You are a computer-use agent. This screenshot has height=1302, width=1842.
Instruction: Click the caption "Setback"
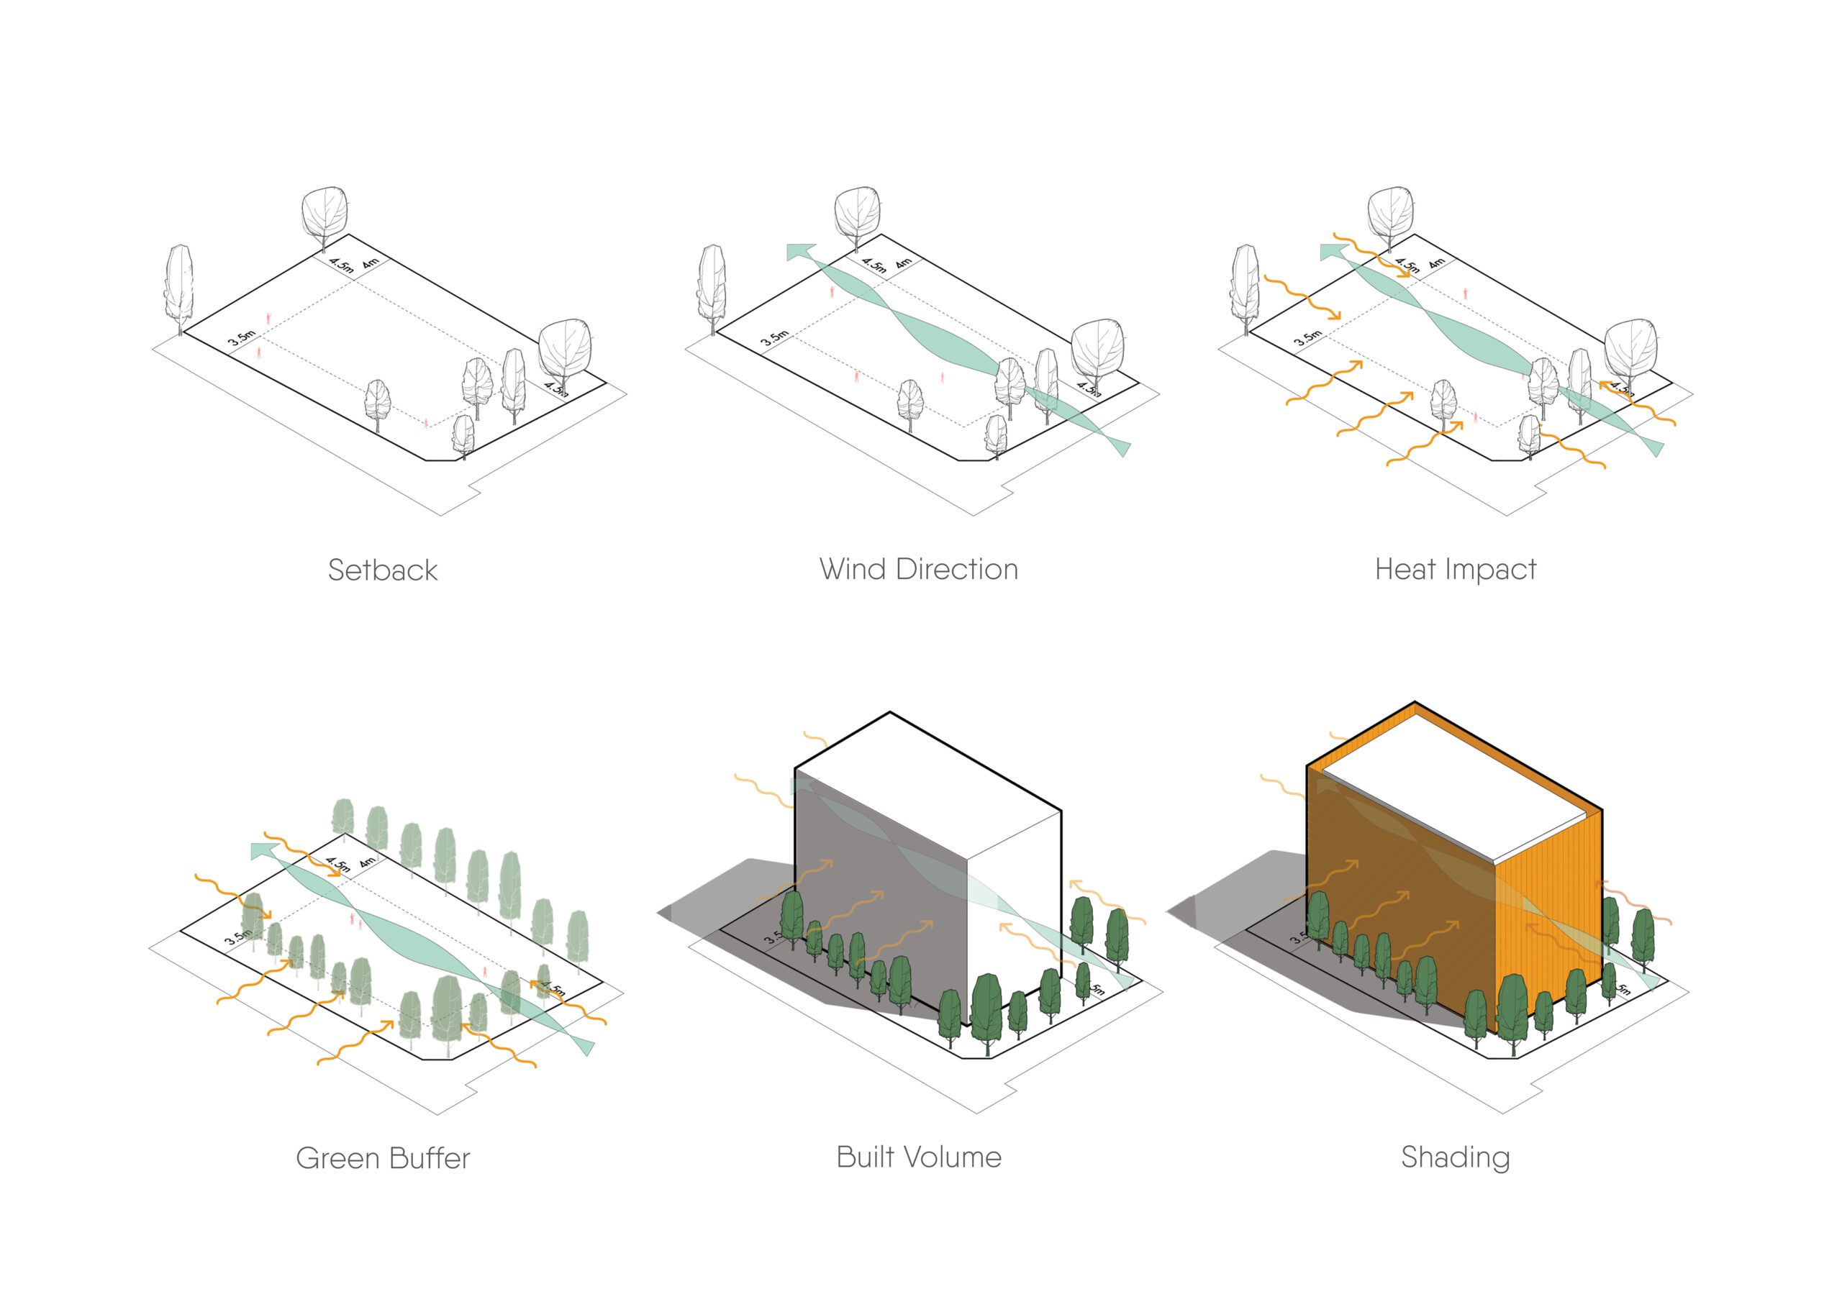tap(383, 570)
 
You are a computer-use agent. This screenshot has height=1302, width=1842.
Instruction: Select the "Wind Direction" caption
tap(919, 570)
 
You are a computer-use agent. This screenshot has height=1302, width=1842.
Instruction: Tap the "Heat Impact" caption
tap(1456, 570)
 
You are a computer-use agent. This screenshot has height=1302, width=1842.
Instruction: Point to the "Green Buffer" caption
tap(383, 1158)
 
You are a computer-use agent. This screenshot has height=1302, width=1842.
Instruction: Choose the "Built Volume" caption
tap(919, 1157)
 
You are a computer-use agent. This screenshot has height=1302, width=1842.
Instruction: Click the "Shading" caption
tap(1456, 1157)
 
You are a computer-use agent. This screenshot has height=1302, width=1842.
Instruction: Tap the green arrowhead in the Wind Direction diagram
tap(800, 252)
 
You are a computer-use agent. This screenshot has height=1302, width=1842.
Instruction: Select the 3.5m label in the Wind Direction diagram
tap(775, 339)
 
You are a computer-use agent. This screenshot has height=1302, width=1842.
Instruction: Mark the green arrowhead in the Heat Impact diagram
tap(1334, 252)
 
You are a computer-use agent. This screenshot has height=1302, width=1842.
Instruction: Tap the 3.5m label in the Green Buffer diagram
tap(238, 935)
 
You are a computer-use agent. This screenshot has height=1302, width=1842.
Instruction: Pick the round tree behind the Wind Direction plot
tap(856, 213)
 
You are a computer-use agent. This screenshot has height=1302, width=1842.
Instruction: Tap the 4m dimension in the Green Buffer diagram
tap(368, 862)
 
